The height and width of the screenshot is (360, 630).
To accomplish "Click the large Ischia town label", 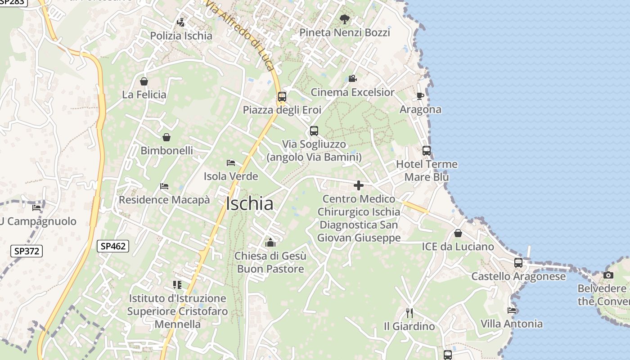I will [x=250, y=204].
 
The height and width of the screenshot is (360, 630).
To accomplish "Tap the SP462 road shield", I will [x=113, y=246].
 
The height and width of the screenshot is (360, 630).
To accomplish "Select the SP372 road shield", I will [x=27, y=251].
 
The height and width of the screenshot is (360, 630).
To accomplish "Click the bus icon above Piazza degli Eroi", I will [x=282, y=97].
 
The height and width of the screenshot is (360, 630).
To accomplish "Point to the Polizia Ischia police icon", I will [x=181, y=22].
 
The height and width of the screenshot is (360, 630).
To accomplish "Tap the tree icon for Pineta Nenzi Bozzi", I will [x=345, y=19].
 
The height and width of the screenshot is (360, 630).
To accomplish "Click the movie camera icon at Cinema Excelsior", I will [x=352, y=79].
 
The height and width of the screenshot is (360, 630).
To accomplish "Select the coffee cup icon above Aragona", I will [x=420, y=96].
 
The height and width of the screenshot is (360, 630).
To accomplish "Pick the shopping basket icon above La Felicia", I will [x=144, y=81].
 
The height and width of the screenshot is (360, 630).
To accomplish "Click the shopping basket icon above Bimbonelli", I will [x=166, y=137].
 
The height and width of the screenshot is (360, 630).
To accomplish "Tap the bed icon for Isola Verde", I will [x=231, y=163].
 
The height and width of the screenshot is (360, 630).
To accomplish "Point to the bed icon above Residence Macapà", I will [x=164, y=186].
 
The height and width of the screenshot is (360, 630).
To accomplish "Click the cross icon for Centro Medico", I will [x=359, y=185].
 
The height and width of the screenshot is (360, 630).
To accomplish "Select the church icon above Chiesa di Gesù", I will [x=270, y=243].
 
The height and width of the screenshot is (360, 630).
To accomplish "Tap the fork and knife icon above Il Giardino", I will [x=409, y=313].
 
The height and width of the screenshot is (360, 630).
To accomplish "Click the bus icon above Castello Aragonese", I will [x=518, y=263].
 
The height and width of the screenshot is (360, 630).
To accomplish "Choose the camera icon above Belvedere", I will [x=608, y=275].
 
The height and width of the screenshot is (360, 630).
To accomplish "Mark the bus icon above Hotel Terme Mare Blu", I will [x=427, y=151].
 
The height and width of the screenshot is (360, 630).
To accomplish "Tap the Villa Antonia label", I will [x=512, y=324].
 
